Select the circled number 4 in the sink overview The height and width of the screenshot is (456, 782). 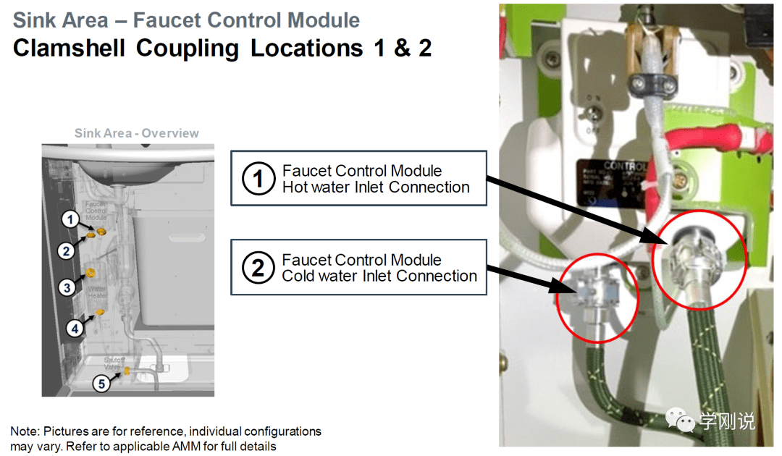point(75,328)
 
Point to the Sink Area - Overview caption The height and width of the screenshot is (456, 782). point(136,133)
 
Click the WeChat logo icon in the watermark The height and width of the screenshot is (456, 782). point(681,421)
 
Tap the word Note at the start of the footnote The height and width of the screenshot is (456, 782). point(25,431)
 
